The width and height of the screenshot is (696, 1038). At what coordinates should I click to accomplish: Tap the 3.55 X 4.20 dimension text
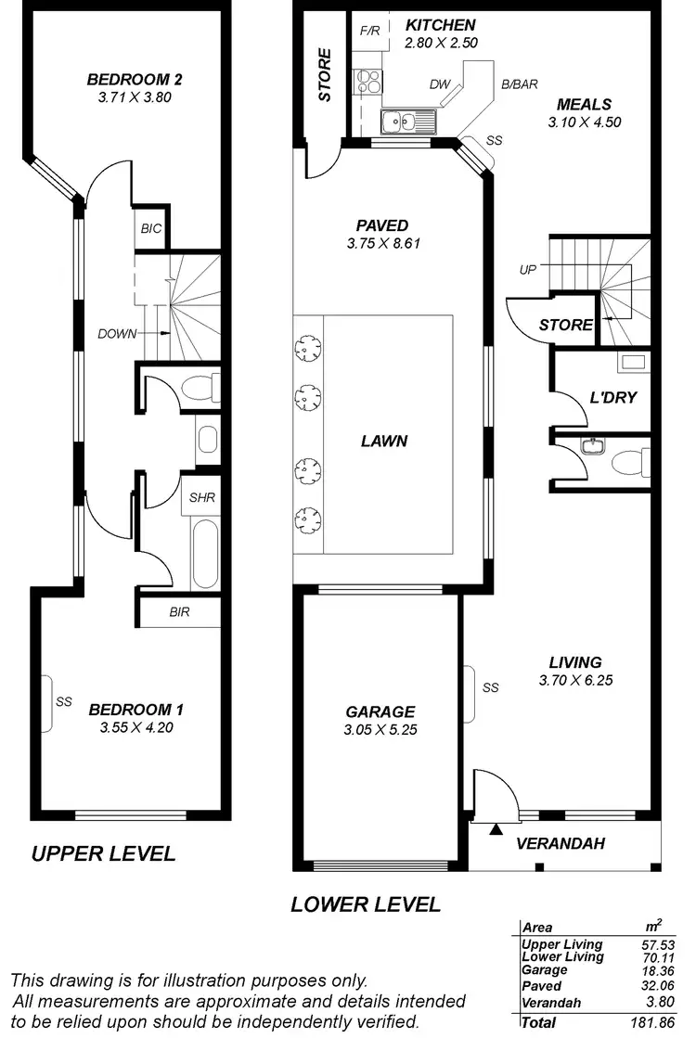(x=135, y=727)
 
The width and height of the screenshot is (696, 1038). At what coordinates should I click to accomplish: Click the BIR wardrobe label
(x=179, y=612)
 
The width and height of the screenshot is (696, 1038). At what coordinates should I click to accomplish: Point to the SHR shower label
(x=202, y=498)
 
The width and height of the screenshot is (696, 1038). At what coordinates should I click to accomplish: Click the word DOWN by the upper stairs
(x=118, y=334)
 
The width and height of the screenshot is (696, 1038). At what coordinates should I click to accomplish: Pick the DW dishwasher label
(x=440, y=84)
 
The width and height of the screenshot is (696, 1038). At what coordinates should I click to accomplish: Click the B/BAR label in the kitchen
(x=520, y=84)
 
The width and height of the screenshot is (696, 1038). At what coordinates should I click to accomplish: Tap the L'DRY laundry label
(x=613, y=398)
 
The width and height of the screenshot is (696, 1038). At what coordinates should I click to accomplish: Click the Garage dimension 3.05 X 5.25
(x=380, y=729)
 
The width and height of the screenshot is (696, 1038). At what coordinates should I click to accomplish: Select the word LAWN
(x=384, y=442)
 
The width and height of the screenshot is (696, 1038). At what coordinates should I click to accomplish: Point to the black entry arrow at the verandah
(x=496, y=829)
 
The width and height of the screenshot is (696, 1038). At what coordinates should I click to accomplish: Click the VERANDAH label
(x=561, y=843)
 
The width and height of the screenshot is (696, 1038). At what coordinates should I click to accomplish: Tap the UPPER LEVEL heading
(x=103, y=854)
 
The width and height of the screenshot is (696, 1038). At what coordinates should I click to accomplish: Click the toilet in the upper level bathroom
(x=201, y=387)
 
